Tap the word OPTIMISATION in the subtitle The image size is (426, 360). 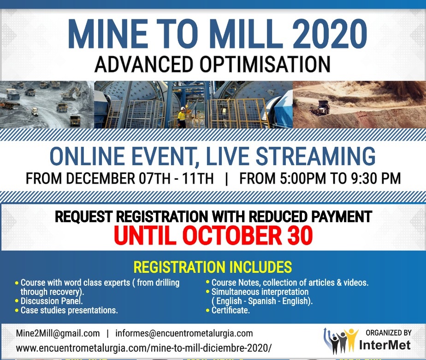coord(265,64)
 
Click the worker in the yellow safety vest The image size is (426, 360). coord(182,118)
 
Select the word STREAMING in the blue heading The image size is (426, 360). coord(316,156)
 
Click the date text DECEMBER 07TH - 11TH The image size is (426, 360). coord(139,179)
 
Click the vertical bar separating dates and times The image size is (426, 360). coord(226,179)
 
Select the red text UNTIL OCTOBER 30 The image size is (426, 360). coord(213,235)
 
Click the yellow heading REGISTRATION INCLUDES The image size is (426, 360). coord(213,267)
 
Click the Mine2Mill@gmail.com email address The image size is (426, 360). coord(58,333)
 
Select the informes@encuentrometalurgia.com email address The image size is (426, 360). coord(184,333)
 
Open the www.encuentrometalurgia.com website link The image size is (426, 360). coord(143,348)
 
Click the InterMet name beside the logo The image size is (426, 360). coord(385,345)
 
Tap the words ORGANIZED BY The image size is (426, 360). coord(389,333)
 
